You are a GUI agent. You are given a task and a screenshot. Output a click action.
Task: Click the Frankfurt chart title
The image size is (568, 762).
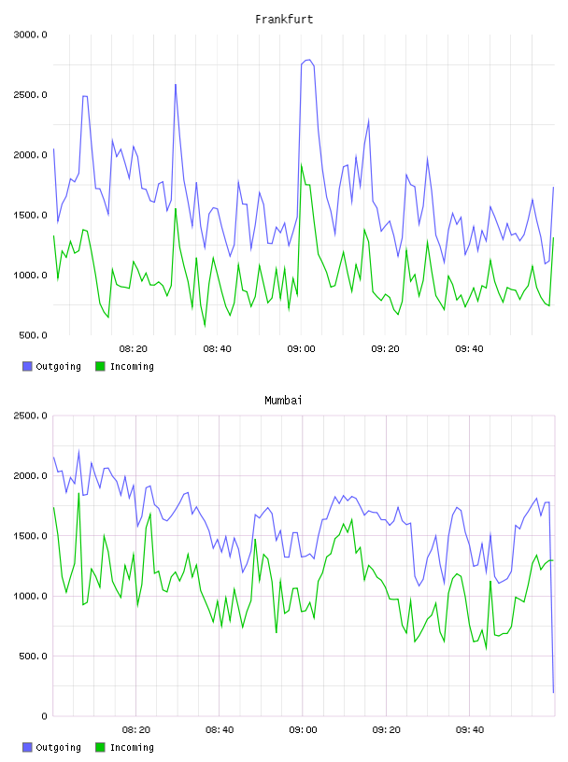(x=284, y=20)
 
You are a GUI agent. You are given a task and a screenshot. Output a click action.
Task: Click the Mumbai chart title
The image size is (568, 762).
(x=283, y=401)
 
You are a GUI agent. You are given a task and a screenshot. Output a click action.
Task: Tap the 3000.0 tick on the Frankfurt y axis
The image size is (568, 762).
(x=30, y=35)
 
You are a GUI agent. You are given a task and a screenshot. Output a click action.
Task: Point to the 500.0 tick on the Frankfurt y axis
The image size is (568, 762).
(x=33, y=335)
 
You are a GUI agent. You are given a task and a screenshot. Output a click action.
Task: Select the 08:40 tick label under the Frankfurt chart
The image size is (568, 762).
(x=217, y=349)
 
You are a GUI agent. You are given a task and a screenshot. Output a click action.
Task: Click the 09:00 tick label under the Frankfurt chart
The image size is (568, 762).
(x=301, y=349)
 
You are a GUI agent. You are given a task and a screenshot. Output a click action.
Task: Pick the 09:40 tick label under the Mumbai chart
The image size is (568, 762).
(x=470, y=730)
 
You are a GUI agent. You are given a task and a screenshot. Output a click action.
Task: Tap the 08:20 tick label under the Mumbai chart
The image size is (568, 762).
(x=136, y=730)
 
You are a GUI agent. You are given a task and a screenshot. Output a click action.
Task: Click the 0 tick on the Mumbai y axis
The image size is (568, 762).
(x=44, y=716)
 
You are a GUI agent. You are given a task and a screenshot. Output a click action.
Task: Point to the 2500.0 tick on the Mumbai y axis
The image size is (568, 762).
(x=30, y=416)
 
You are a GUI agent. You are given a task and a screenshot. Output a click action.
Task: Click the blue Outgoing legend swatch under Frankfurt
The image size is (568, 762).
(x=27, y=366)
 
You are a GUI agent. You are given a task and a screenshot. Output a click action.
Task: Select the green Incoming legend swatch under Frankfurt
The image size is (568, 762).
(x=100, y=366)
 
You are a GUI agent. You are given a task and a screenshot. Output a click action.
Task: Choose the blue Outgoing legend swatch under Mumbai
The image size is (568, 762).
(x=27, y=747)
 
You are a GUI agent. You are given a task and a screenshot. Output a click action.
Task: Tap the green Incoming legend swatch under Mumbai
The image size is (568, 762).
(x=100, y=747)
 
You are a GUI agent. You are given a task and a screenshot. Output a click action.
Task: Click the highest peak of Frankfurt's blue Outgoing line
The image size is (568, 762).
(x=308, y=60)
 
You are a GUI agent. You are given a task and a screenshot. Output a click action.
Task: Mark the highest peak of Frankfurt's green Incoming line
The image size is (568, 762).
(x=302, y=164)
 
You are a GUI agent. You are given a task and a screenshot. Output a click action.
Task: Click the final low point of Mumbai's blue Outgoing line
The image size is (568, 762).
(x=553, y=692)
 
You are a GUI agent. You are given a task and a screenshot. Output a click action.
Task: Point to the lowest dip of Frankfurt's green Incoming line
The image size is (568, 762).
(x=205, y=326)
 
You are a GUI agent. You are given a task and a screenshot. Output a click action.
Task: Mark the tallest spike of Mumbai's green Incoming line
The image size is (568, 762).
(x=78, y=493)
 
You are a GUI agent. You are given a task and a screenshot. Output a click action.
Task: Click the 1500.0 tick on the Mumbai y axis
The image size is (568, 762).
(x=30, y=536)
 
